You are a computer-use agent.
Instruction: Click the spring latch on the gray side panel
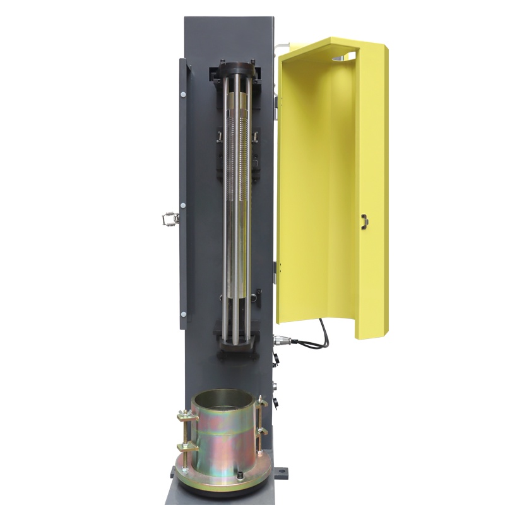coord(168,218)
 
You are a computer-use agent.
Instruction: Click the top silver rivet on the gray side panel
coord(182,95)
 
